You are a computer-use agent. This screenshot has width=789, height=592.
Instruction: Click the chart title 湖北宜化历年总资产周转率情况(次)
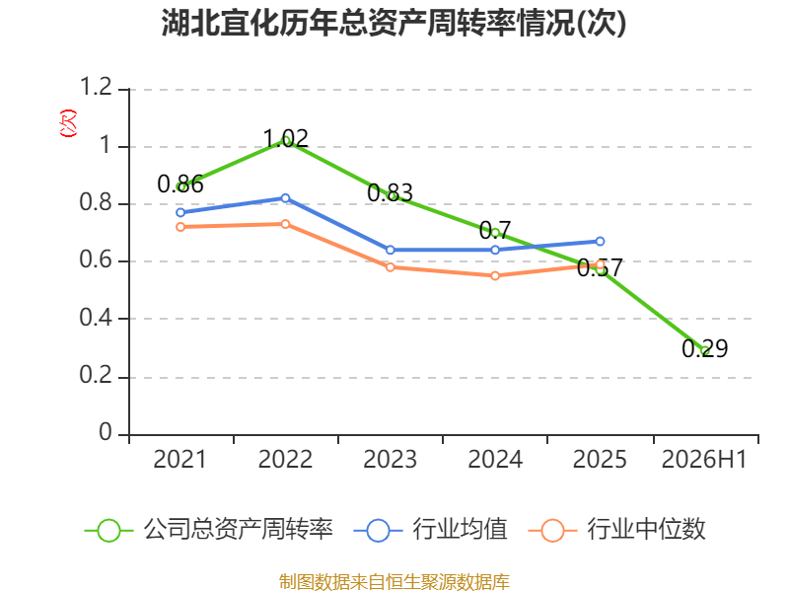pos(394,23)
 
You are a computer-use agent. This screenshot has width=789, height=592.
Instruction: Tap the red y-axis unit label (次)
pos(68,123)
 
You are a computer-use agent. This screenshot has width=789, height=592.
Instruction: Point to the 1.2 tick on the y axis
pos(96,87)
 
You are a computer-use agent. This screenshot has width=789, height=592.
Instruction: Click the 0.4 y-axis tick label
pos(96,318)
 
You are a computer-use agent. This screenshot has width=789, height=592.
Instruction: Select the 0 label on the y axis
pos(106,432)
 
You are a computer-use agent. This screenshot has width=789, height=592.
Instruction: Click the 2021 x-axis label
pos(180,459)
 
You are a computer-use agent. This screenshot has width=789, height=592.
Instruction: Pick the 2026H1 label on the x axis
pos(704,459)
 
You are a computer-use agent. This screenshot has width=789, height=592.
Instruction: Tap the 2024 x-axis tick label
pos(495,459)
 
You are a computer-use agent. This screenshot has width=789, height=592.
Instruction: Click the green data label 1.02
pos(286,138)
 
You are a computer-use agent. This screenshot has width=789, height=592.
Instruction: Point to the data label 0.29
pos(705,348)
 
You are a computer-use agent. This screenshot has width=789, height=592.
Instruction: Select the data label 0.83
pos(390,192)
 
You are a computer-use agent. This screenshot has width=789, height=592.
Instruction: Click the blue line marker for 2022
pos(285,198)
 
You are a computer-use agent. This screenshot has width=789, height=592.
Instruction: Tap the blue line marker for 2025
pos(600,242)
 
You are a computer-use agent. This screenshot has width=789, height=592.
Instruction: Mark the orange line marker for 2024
pos(495,276)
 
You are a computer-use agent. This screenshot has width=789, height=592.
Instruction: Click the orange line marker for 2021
pos(180,227)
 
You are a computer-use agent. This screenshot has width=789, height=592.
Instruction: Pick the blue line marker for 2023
pos(390,251)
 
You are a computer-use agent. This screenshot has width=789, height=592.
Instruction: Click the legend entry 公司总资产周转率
pos(208,530)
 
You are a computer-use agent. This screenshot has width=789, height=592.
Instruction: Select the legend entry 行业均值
pos(431,530)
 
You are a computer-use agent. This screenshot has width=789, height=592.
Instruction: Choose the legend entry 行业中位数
pos(617,530)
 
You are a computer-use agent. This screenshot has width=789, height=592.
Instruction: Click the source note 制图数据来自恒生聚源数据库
pos(394,582)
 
